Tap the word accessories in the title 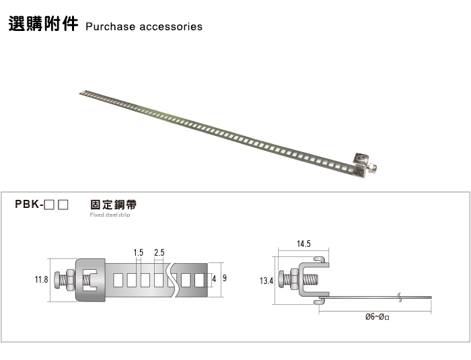(171, 27)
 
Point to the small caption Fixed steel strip (110, 215)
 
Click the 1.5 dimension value (139, 252)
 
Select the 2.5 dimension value (159, 252)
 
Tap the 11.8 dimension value (41, 279)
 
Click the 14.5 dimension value (304, 244)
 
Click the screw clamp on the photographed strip (364, 164)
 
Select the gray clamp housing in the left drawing (91, 279)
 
